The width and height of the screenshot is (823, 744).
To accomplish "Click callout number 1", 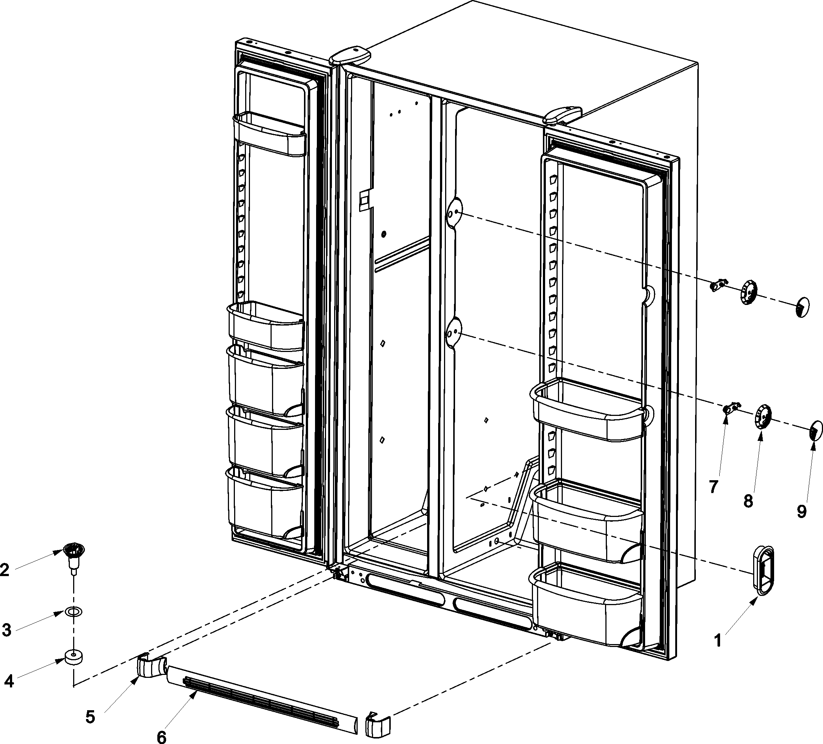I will coord(717,640).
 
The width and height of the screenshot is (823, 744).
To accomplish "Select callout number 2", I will coord(5,570).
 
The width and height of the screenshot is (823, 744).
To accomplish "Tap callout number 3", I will coord(6,630).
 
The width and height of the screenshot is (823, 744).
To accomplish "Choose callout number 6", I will coord(162,737).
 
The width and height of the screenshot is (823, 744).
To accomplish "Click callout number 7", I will coord(713,487).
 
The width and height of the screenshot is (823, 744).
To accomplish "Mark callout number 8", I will coord(748,501).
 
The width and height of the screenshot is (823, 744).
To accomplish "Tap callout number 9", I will coord(802,511).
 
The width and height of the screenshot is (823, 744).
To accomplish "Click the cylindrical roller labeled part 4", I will coord(74,657).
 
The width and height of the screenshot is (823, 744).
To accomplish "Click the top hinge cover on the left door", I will coord(350,56).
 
